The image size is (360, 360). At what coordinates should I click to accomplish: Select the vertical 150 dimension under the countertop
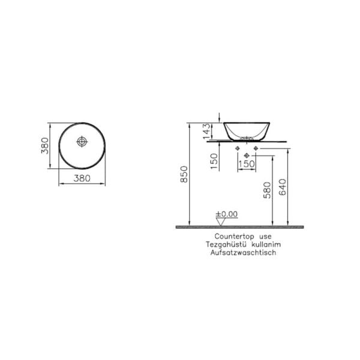(214, 160)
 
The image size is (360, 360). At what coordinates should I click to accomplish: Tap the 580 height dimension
(268, 190)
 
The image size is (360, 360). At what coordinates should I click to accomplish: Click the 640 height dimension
(284, 190)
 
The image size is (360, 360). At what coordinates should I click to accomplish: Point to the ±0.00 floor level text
(227, 214)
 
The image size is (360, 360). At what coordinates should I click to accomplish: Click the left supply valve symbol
(239, 148)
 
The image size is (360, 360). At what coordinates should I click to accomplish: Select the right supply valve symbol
(256, 148)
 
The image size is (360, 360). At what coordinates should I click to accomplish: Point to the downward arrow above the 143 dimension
(221, 116)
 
